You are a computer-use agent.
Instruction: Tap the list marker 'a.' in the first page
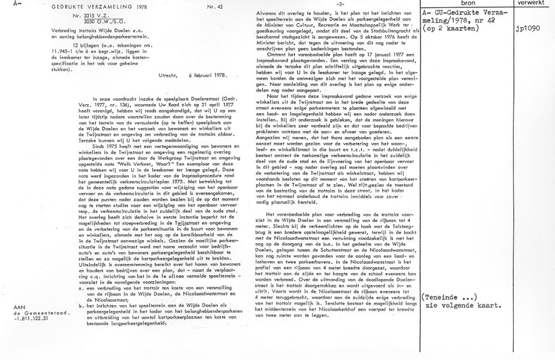pos(80,288)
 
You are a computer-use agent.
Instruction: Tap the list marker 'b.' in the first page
pos(80,305)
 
